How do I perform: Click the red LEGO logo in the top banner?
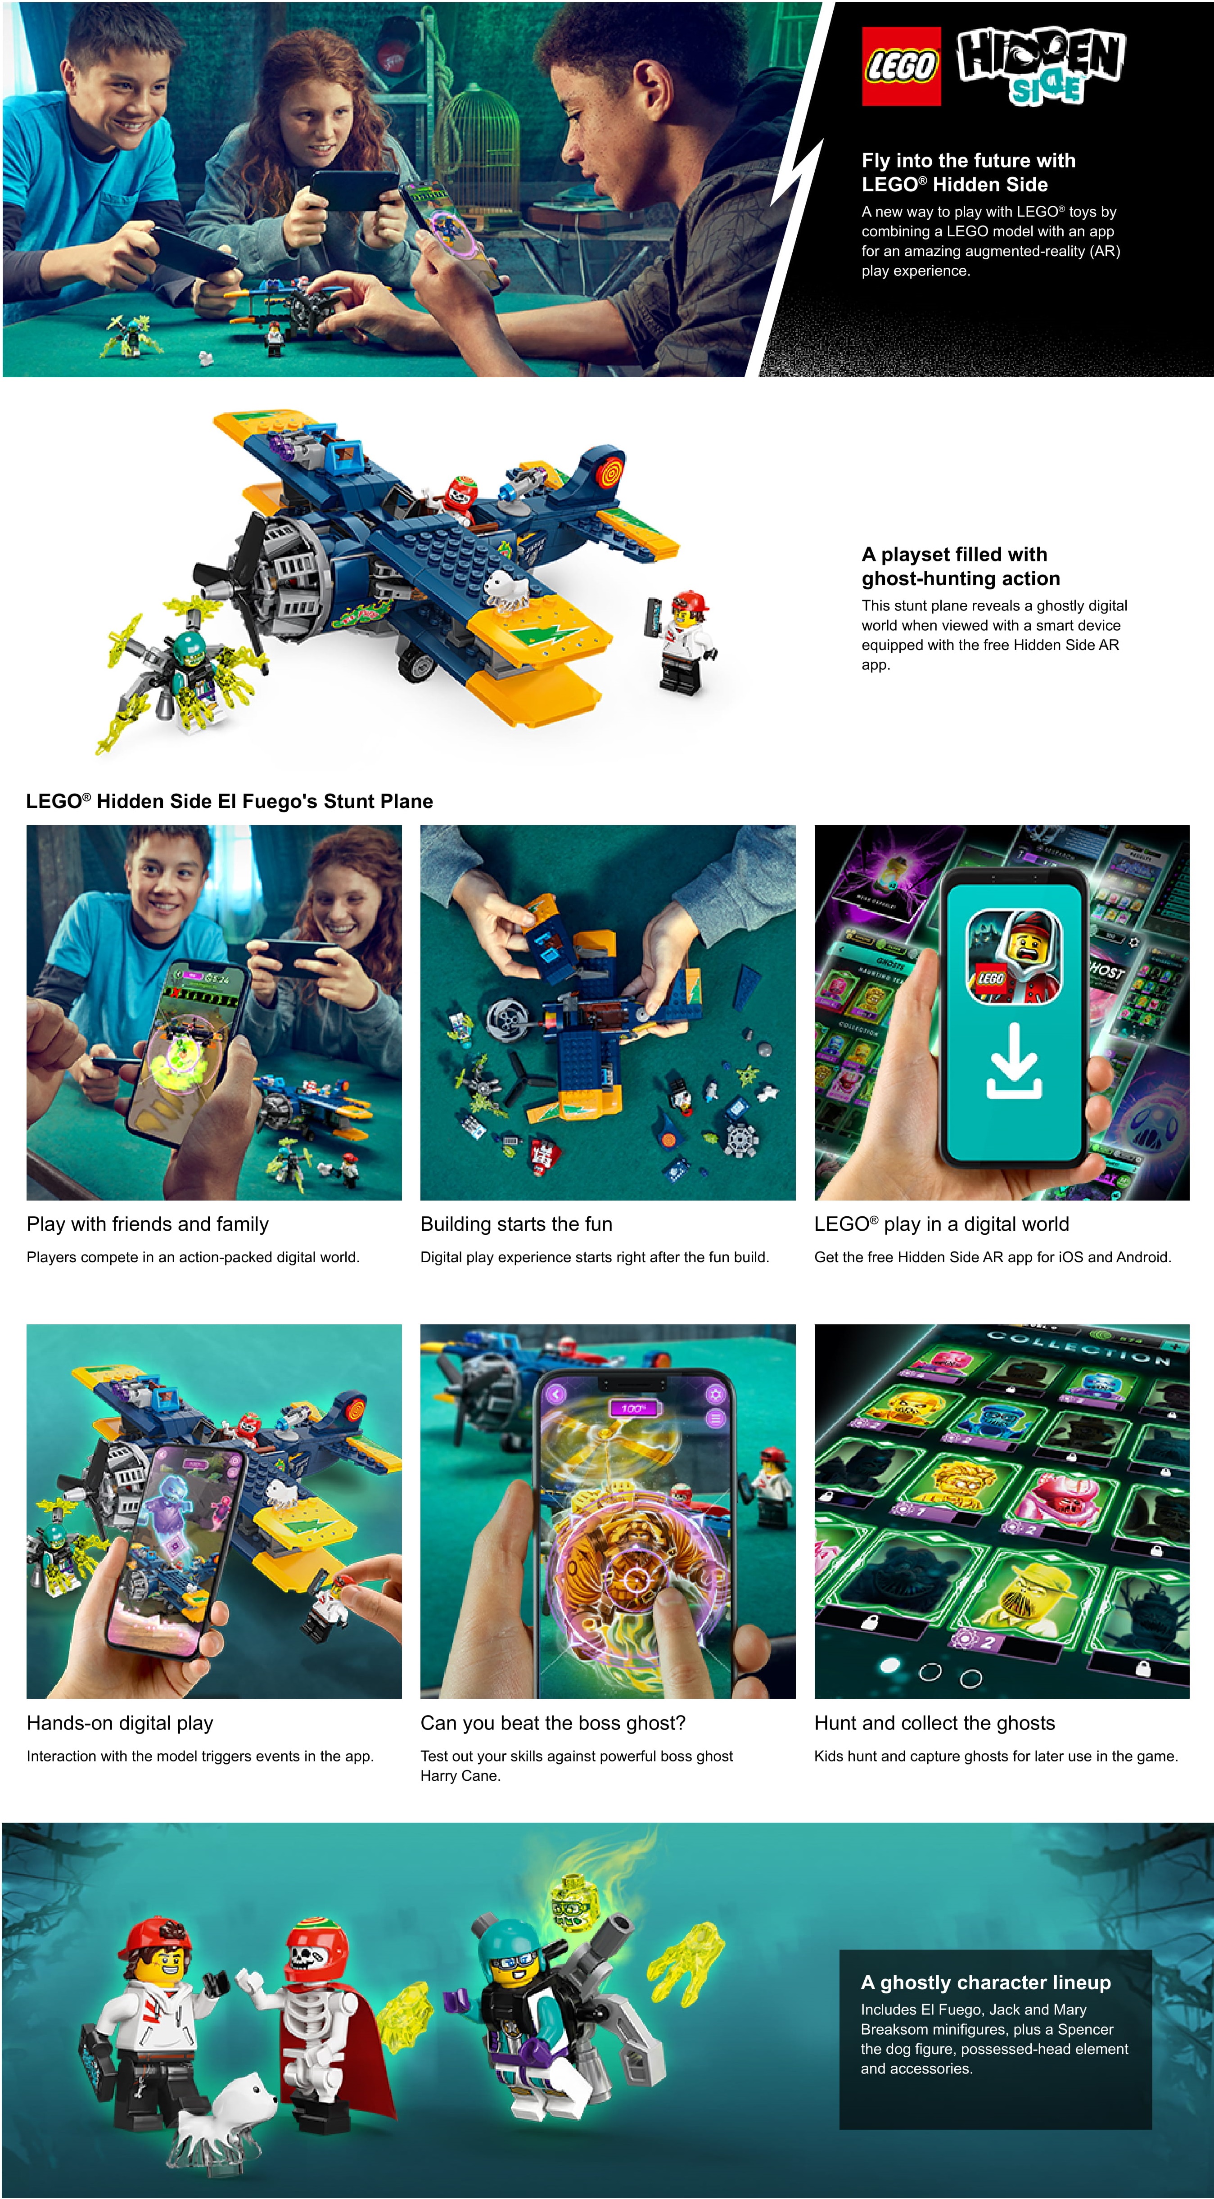coord(901,66)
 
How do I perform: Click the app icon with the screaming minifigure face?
coord(1014,956)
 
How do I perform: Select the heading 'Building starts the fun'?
coord(516,1224)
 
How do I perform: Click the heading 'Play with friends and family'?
coord(148,1224)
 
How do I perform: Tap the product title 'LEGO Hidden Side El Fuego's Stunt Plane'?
coord(230,801)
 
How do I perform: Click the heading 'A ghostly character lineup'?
coord(986,1982)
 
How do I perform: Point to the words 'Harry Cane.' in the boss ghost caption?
coord(460,1775)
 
